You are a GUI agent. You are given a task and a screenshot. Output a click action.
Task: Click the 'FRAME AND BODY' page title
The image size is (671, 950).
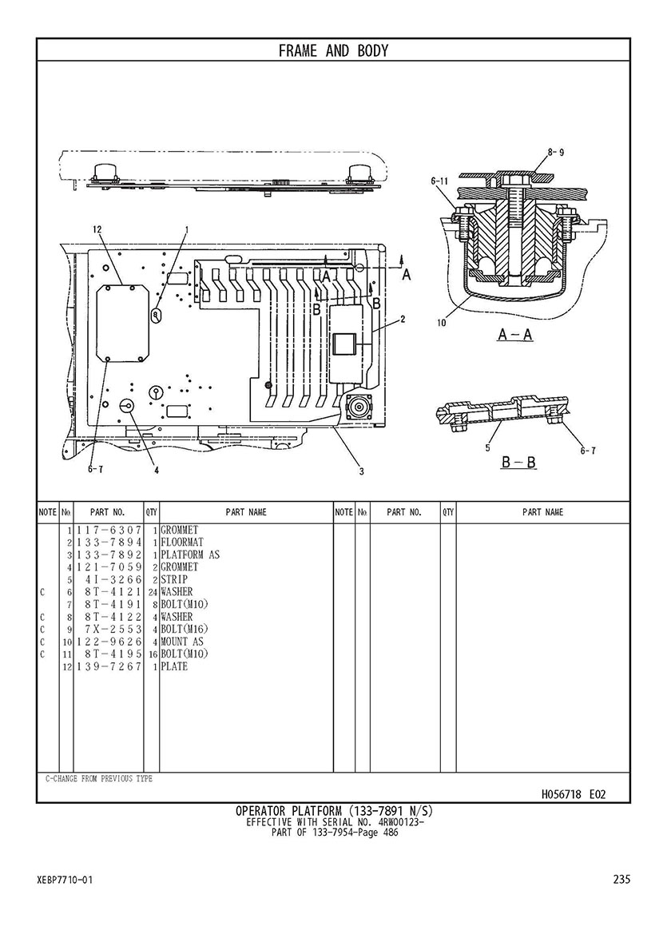(333, 50)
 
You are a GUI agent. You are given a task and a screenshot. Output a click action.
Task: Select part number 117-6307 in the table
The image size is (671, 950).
(109, 531)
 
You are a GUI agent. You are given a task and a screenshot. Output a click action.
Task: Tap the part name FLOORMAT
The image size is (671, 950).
(182, 543)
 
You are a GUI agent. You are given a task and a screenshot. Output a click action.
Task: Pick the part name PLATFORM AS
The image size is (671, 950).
(190, 555)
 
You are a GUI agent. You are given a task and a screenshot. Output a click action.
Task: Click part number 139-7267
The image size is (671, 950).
(109, 666)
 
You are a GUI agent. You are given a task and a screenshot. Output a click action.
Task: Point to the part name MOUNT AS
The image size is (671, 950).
(182, 642)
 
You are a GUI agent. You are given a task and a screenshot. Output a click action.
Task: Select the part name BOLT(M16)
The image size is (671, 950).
(184, 630)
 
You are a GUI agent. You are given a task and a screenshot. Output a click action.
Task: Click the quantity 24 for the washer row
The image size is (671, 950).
(153, 592)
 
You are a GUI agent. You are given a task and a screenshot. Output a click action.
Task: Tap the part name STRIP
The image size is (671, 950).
(174, 580)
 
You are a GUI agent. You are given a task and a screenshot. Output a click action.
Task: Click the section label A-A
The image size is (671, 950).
(515, 335)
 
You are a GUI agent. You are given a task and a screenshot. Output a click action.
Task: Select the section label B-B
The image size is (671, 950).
(519, 463)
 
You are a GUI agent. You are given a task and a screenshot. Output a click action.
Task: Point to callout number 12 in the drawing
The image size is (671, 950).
(97, 229)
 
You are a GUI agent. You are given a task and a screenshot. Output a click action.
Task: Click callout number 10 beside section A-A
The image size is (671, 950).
(441, 323)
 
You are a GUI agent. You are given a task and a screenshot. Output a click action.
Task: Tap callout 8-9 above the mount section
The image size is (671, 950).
(556, 153)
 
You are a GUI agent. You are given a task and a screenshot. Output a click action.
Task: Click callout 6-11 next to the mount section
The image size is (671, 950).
(439, 181)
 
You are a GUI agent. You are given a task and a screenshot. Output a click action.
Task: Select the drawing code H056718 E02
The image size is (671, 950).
(574, 794)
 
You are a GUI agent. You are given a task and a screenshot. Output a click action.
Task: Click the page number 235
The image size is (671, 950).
(621, 879)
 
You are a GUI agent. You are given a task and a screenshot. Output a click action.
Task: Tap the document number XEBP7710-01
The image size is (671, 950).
(65, 880)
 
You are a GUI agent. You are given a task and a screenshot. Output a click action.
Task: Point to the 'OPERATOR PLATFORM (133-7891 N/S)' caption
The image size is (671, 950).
(334, 811)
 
